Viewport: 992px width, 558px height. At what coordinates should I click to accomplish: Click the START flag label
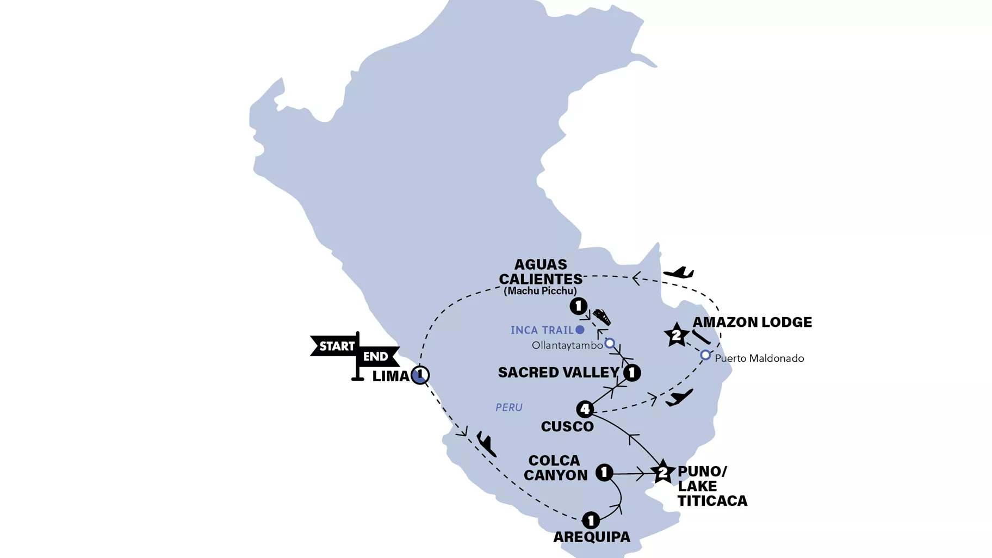337,346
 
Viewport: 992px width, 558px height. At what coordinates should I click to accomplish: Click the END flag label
375,357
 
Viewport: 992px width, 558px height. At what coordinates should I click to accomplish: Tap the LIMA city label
390,376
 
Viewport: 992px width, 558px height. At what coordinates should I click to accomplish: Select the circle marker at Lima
420,375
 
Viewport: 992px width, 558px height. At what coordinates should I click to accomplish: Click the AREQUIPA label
592,537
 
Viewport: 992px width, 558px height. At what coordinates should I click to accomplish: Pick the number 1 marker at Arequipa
591,520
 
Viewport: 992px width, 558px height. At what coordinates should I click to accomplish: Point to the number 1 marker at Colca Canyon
604,472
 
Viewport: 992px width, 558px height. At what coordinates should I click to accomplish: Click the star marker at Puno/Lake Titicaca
662,473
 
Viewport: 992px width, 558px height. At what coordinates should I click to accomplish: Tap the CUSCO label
567,426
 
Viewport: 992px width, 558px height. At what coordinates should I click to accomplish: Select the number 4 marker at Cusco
585,409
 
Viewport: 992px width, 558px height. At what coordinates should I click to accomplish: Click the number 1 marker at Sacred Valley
631,373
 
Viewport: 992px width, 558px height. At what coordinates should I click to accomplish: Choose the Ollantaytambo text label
567,345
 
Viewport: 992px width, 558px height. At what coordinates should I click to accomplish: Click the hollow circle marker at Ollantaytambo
610,343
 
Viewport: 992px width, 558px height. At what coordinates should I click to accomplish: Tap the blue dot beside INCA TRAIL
580,330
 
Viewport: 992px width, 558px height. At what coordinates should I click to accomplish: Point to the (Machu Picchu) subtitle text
540,291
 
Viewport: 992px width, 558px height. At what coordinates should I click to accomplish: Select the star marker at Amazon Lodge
676,335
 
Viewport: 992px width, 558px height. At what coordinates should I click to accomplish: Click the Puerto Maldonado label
759,358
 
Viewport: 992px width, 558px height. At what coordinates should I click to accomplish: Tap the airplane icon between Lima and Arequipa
486,443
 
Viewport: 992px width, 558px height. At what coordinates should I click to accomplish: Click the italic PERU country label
509,407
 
